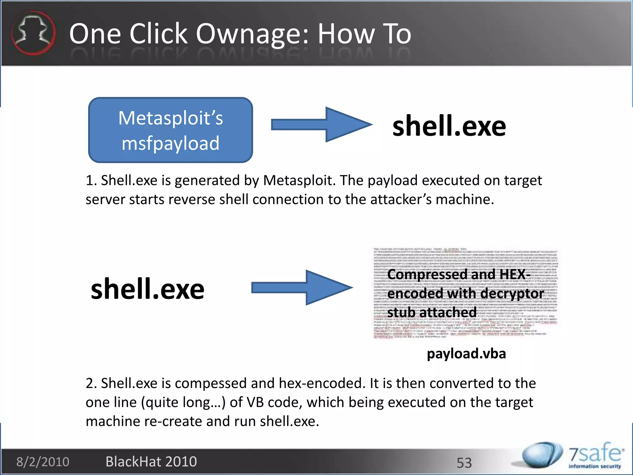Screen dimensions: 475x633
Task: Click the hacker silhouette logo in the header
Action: (x=33, y=33)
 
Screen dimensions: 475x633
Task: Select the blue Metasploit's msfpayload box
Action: (x=171, y=130)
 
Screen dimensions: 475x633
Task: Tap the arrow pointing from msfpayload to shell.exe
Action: (x=321, y=125)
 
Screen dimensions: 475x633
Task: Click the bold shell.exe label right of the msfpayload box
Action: (x=449, y=126)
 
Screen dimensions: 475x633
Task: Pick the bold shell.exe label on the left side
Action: (x=147, y=289)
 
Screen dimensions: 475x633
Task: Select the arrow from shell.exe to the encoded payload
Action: (x=302, y=288)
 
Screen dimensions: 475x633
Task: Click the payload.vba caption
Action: (x=466, y=353)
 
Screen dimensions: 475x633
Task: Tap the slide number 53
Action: (x=464, y=463)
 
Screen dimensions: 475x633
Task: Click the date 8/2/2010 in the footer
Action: (x=43, y=462)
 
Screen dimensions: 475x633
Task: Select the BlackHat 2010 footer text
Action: (x=151, y=462)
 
